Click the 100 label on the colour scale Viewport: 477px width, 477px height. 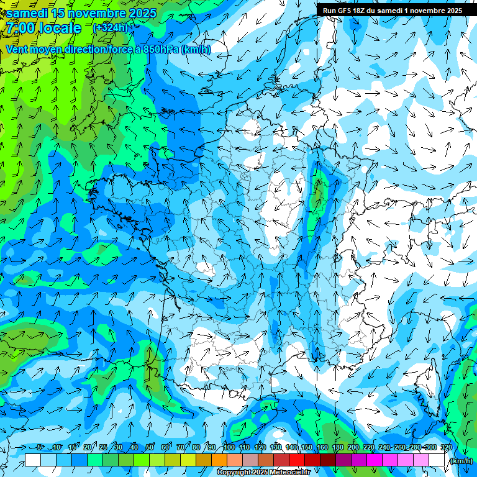229,447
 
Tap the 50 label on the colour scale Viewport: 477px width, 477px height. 150,447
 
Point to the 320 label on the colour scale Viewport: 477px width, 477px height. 446,447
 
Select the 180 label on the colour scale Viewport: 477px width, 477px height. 337,447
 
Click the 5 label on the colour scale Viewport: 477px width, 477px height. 40,447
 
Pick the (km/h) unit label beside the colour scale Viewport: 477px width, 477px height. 461,461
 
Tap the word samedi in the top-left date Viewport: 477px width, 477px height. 28,12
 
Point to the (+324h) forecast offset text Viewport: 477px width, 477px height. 110,27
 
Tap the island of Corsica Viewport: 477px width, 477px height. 427,379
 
